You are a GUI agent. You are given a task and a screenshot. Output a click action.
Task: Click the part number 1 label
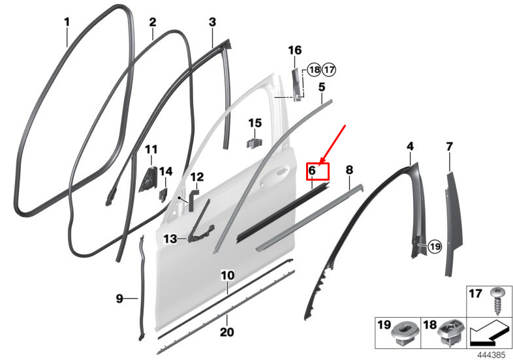click(x=67, y=22)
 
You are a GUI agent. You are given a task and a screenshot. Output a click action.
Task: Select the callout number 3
click(x=212, y=22)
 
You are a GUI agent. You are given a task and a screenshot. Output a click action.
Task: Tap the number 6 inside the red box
click(x=312, y=170)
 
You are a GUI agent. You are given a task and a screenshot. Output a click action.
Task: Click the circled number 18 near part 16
click(x=314, y=70)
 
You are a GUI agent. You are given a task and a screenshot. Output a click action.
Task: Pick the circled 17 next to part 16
click(x=329, y=70)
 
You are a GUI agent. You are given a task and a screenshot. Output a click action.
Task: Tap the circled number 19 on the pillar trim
click(x=435, y=246)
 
